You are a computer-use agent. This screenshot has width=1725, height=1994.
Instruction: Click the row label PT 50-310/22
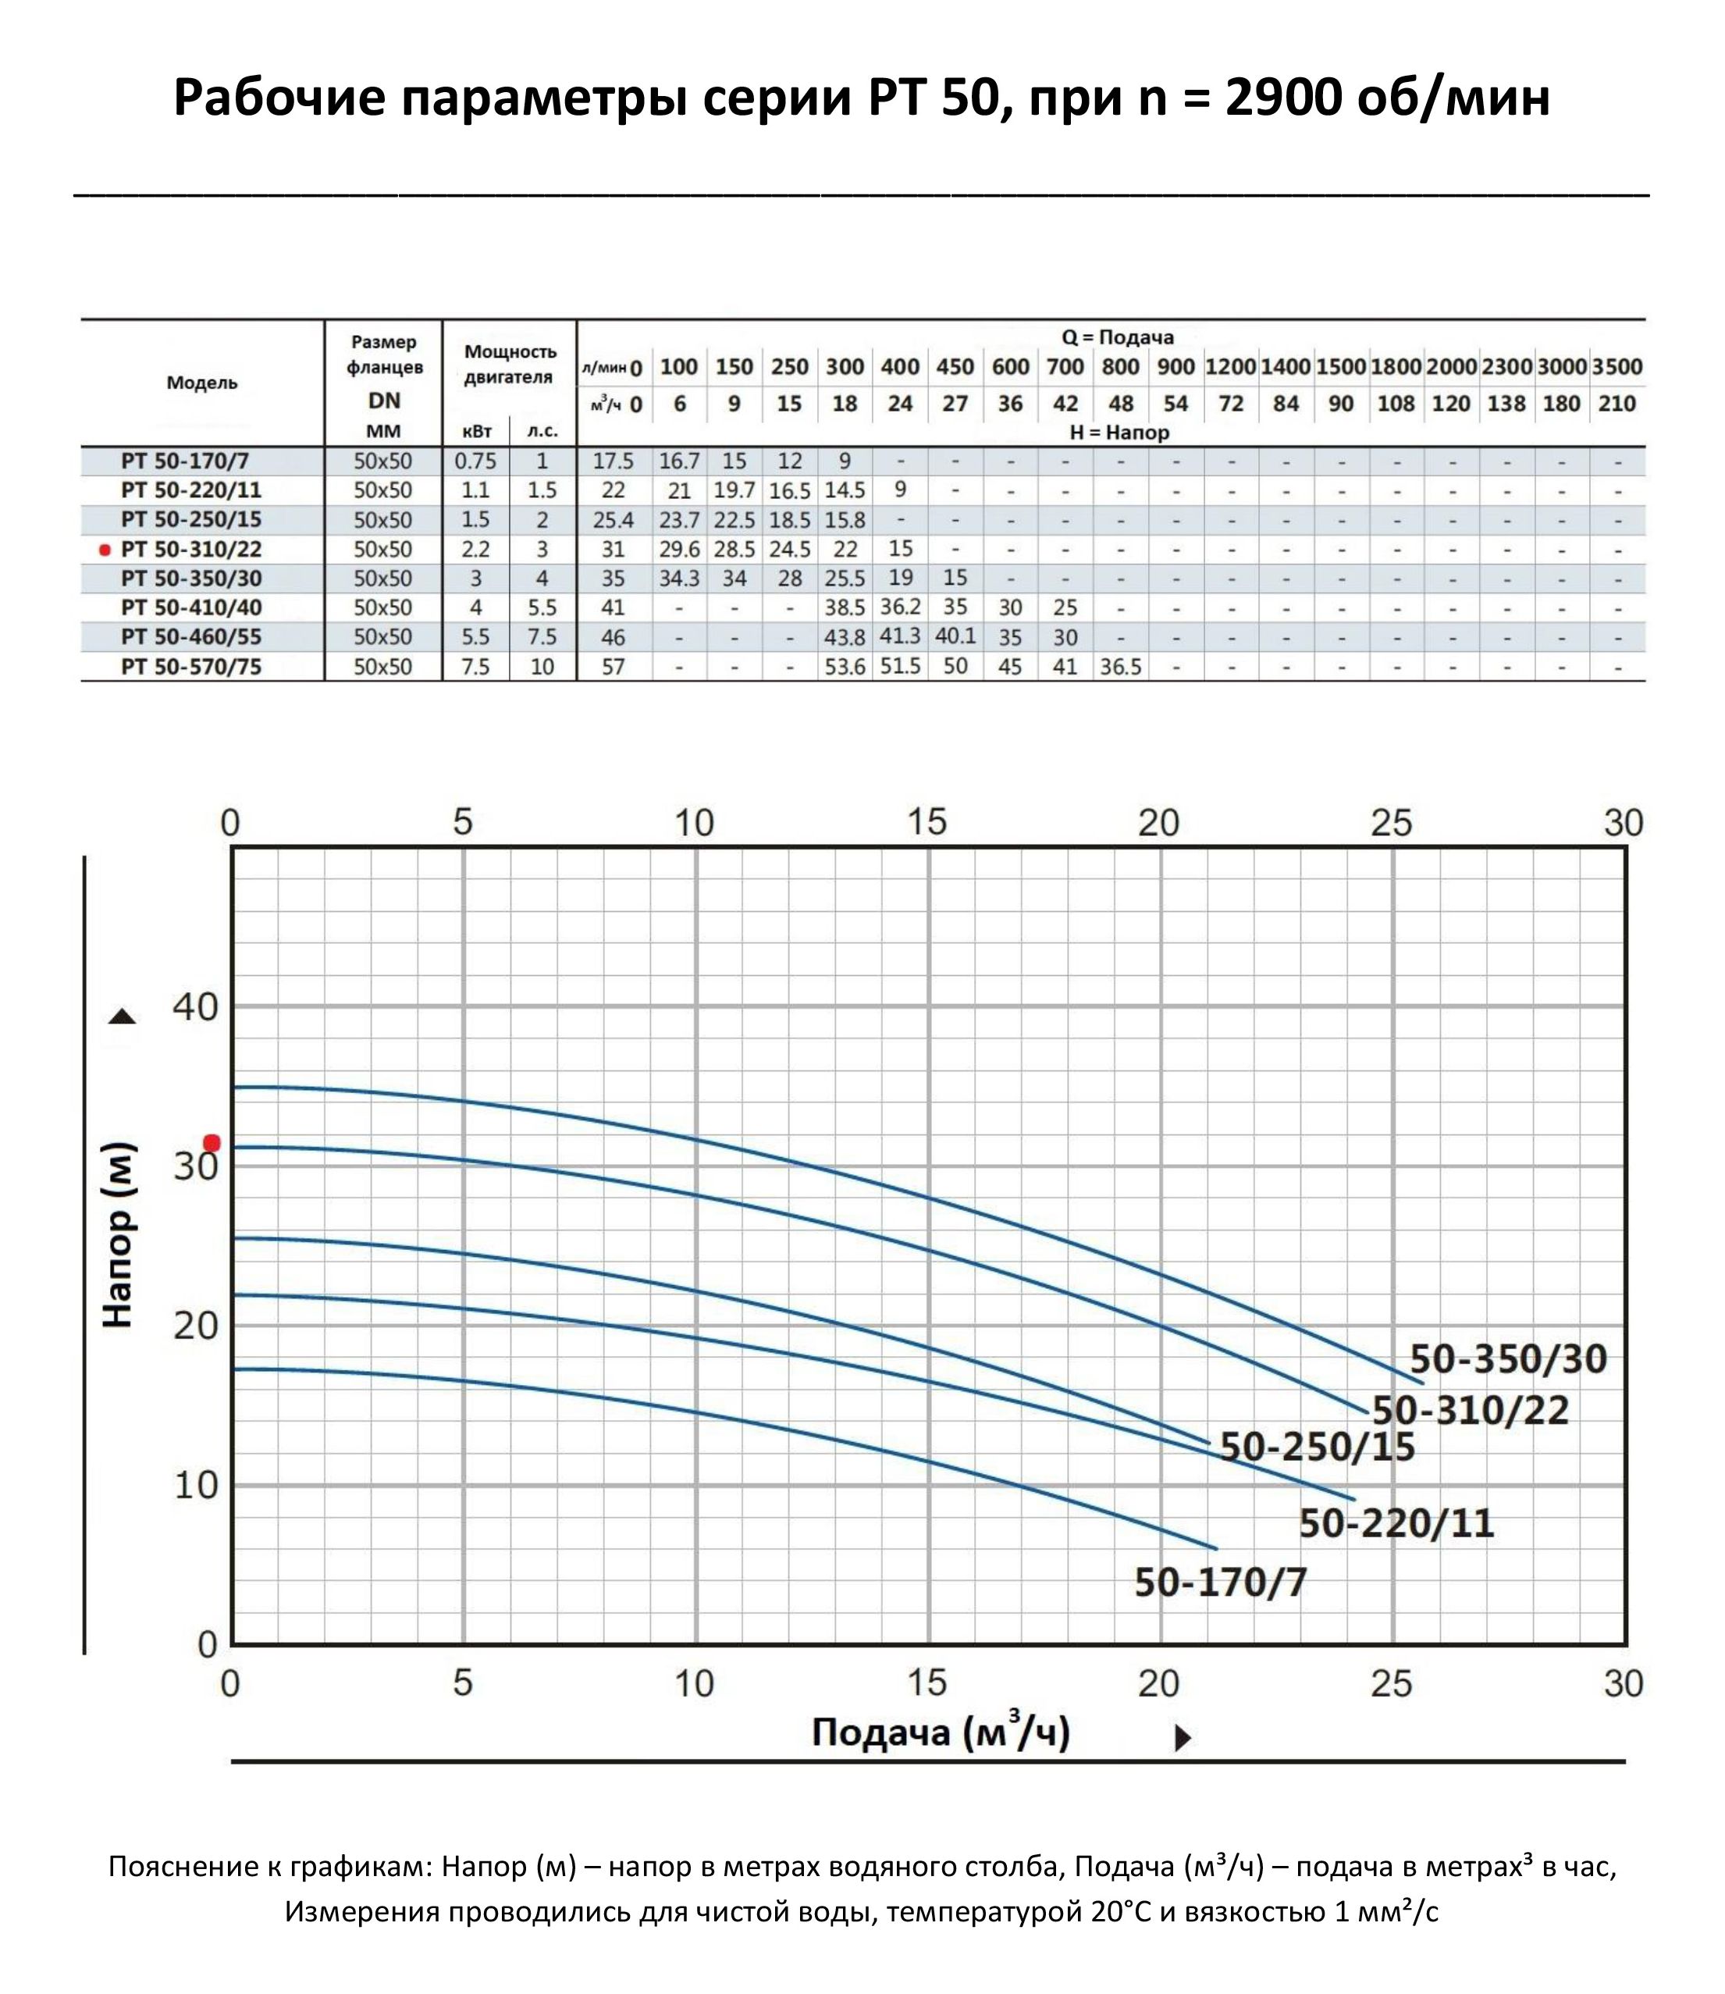coord(190,549)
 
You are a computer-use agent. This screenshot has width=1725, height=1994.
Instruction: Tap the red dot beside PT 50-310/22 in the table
coord(105,550)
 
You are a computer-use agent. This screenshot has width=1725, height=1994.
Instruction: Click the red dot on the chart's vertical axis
coord(212,1143)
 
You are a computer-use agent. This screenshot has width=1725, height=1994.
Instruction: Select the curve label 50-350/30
coord(1507,1359)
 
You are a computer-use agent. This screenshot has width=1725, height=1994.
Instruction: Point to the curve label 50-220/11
coord(1396,1523)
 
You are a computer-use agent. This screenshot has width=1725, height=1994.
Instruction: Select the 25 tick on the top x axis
coord(1391,822)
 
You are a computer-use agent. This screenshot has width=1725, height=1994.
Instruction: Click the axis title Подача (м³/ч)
coord(941,1732)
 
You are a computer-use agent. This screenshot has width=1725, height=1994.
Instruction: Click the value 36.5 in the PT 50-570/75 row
coord(1121,666)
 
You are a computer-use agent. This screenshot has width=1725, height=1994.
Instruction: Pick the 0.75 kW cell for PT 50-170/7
coord(475,461)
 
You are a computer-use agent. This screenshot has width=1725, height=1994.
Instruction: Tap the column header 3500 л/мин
coord(1617,367)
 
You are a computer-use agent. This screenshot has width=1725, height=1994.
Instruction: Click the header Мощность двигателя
coord(509,364)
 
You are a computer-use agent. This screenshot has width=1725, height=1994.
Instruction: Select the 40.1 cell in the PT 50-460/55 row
coord(955,636)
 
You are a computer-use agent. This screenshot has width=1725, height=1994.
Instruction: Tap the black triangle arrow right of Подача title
coord(1183,1738)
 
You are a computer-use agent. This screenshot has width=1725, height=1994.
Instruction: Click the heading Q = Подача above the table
coord(1117,338)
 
